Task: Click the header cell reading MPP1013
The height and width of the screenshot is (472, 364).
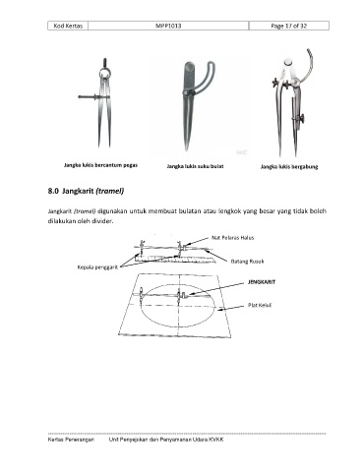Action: pos(168,26)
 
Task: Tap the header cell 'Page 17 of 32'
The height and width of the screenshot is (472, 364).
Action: pos(289,26)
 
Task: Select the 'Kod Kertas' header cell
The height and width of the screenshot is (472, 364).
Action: pos(68,26)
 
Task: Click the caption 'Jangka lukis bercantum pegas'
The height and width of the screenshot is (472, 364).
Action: pos(100,165)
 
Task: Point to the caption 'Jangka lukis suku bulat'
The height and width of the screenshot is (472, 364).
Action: pos(195,166)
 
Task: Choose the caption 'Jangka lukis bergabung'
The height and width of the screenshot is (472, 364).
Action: pos(289,166)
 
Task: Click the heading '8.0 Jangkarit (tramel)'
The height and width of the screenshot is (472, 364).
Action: pos(86,191)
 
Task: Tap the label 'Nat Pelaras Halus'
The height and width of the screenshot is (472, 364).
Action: pos(232,238)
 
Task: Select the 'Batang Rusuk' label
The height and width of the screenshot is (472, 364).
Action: pos(247,262)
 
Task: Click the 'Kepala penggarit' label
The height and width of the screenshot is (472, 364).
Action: pos(97,267)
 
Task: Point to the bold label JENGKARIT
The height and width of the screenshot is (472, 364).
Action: pos(262,282)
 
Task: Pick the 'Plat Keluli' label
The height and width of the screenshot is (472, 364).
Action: pos(260,305)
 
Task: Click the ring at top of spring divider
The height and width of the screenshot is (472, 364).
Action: pos(105,71)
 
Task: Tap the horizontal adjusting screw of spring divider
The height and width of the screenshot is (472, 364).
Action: pos(92,96)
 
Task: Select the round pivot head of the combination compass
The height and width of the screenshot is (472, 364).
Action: pos(288,62)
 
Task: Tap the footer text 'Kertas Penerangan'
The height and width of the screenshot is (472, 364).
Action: pos(71,440)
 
